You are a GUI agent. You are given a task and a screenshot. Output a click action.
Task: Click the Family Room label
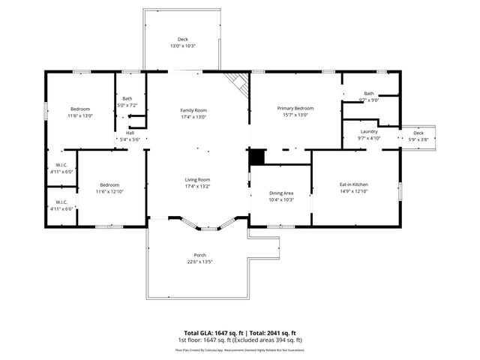pyautogui.click(x=193, y=110)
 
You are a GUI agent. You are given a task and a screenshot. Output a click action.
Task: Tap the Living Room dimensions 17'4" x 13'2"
pyautogui.click(x=198, y=186)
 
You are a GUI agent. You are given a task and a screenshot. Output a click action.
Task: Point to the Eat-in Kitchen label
pyautogui.click(x=354, y=184)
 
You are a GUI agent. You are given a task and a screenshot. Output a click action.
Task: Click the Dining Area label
pyautogui.click(x=281, y=193)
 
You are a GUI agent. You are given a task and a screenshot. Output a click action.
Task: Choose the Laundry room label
pyautogui.click(x=369, y=131)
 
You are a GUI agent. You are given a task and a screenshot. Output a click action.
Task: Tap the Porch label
pyautogui.click(x=200, y=255)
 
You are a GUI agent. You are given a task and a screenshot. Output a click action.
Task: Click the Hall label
pyautogui.click(x=130, y=133)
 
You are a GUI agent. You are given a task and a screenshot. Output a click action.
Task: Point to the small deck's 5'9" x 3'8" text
pyautogui.click(x=418, y=139)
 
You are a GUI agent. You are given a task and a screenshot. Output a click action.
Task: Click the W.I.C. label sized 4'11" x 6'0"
pyautogui.click(x=61, y=165)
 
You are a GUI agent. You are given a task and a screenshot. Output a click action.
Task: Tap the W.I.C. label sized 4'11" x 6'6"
pyautogui.click(x=61, y=202)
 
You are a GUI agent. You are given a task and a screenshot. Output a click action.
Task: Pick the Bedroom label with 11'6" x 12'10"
pyautogui.click(x=109, y=184)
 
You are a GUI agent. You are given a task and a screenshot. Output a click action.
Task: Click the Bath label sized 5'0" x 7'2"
pyautogui.click(x=127, y=99)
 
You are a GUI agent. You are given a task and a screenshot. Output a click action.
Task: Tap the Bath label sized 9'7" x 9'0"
pyautogui.click(x=369, y=94)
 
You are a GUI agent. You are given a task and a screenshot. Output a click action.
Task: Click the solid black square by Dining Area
pyautogui.click(x=257, y=157)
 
